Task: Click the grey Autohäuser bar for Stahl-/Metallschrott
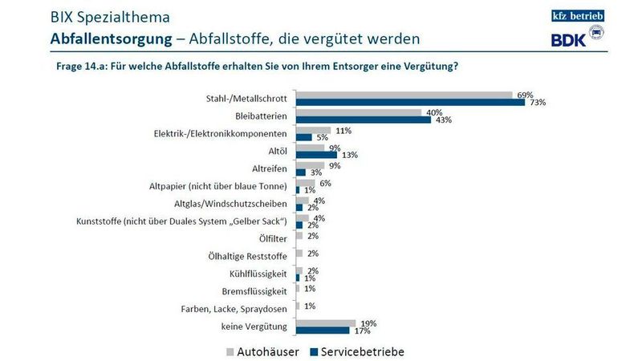click(404, 95)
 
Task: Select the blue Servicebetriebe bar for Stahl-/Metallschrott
click(410, 103)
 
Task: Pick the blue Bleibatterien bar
click(364, 120)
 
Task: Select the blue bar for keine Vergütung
click(323, 330)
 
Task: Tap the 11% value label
click(342, 129)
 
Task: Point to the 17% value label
click(360, 331)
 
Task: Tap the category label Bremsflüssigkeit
click(258, 290)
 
